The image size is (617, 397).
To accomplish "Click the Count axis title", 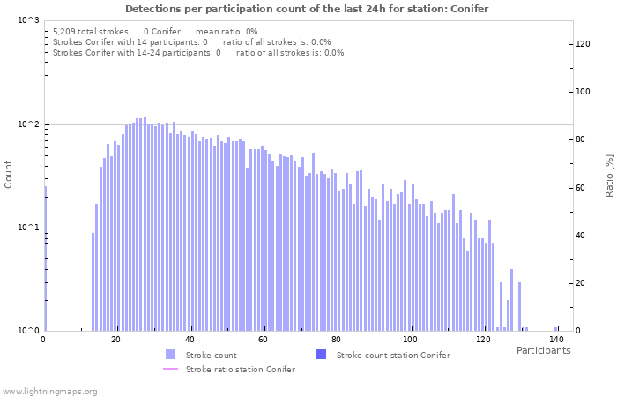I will tap(9, 175).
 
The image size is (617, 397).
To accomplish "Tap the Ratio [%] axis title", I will tap(608, 175).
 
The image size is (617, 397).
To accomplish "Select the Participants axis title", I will tap(543, 350).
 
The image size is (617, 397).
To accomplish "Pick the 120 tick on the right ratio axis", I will tap(584, 44).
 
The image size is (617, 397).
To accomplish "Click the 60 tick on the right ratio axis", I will tap(582, 188).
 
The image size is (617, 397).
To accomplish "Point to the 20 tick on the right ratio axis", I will tap(582, 283).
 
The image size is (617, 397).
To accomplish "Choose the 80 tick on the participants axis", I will tap(337, 339).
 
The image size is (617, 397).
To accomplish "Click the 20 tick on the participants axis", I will tap(116, 339).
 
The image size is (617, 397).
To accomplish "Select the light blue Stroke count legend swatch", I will tap(171, 355).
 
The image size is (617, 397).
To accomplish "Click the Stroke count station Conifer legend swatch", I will tap(321, 355).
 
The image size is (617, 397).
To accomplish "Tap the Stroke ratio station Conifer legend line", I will tap(171, 370).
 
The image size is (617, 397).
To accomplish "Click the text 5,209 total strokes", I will tap(91, 31).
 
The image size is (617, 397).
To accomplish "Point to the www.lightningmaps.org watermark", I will tap(49, 391).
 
